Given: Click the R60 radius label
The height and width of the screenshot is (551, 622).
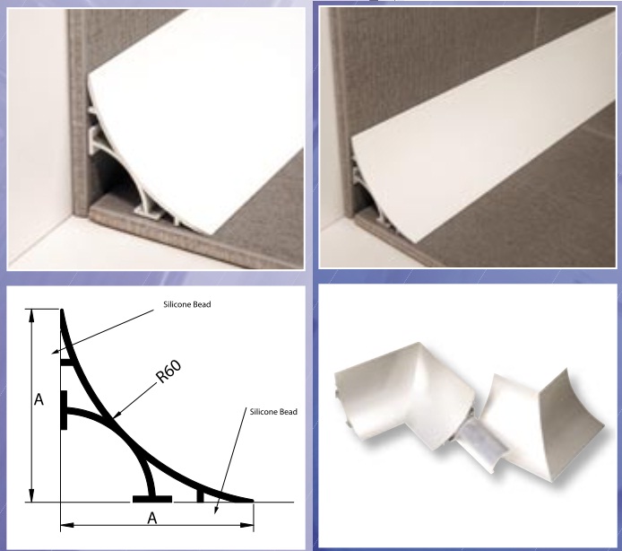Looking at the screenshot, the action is (x=169, y=371).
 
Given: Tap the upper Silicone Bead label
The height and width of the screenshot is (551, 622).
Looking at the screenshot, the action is (x=187, y=304).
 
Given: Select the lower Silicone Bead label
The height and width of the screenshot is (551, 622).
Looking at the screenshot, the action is (x=273, y=412).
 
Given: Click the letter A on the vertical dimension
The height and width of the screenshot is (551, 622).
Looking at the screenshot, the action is (x=39, y=399).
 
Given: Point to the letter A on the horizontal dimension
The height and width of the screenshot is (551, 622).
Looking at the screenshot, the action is (x=152, y=518).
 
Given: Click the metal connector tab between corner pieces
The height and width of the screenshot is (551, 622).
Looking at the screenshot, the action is (x=480, y=440).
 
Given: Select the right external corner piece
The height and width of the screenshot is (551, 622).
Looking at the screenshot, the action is (x=543, y=425).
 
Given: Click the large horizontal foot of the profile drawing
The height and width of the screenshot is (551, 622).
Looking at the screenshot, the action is (x=152, y=499).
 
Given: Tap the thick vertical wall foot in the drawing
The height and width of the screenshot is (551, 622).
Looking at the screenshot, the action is (x=64, y=410).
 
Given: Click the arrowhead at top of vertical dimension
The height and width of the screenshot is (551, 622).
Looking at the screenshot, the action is (x=31, y=314).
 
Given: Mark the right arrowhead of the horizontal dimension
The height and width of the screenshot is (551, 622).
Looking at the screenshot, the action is (x=247, y=525).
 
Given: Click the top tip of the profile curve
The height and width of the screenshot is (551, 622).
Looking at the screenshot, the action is (x=62, y=310).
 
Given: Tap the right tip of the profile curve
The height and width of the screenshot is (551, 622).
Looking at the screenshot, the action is (x=252, y=501).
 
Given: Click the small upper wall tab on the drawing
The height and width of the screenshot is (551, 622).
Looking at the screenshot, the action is (x=66, y=362).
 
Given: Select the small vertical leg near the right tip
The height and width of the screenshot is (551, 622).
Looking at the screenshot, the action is (x=201, y=495).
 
